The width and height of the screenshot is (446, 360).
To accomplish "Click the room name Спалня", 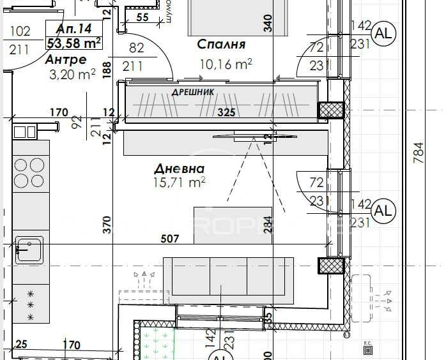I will (221, 45).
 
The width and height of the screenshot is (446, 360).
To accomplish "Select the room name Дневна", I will (180, 169).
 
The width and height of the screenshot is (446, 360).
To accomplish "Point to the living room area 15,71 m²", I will (180, 183).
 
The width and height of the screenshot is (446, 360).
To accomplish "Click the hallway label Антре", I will (66, 59).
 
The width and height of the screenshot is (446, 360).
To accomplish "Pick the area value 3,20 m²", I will (72, 73).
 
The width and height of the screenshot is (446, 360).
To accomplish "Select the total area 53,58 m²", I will (74, 43).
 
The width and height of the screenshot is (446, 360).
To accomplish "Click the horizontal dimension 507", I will (170, 239).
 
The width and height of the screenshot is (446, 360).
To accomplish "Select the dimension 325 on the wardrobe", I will (226, 113).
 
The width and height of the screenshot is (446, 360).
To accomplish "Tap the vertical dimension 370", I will (107, 225).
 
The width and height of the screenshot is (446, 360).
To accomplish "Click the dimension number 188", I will (107, 68).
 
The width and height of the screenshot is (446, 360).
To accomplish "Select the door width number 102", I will (21, 31).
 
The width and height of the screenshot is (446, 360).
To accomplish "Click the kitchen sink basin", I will (29, 249).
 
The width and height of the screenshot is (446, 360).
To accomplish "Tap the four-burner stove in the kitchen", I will (30, 172).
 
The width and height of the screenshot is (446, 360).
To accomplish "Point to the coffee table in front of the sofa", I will (233, 225).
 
